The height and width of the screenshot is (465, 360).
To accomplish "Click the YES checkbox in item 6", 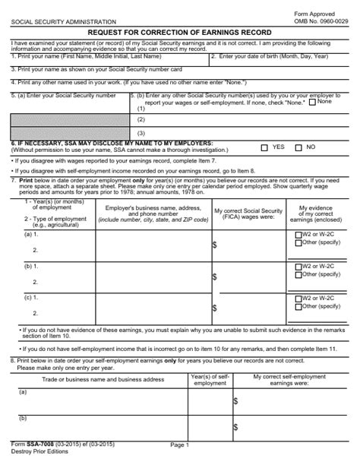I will click(264, 147).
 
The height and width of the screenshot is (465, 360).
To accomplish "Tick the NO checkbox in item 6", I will click(298, 147).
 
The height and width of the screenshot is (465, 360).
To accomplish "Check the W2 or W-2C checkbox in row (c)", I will click(296, 298).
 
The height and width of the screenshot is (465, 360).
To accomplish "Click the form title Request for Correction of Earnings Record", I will click(179, 33).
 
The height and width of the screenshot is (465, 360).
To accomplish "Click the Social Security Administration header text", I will click(64, 23).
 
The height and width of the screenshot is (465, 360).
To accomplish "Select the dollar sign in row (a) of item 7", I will click(215, 245).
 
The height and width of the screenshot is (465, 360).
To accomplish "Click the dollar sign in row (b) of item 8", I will click(236, 428).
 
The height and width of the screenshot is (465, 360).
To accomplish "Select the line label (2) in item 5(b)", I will click(141, 119).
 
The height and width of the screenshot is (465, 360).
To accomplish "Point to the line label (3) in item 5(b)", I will click(141, 133).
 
